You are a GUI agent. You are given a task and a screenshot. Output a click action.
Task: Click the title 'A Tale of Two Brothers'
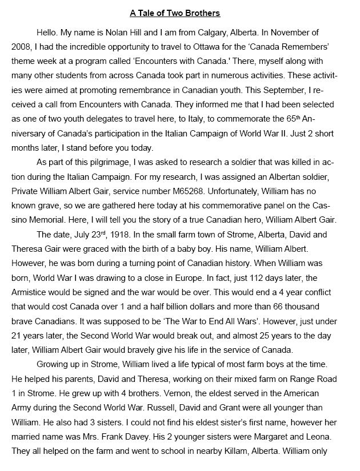[x=179, y=13]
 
